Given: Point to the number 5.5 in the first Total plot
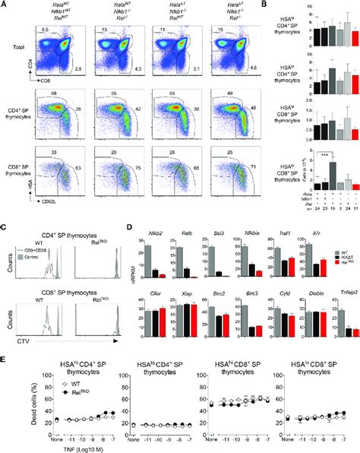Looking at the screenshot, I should [x=44, y=29].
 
